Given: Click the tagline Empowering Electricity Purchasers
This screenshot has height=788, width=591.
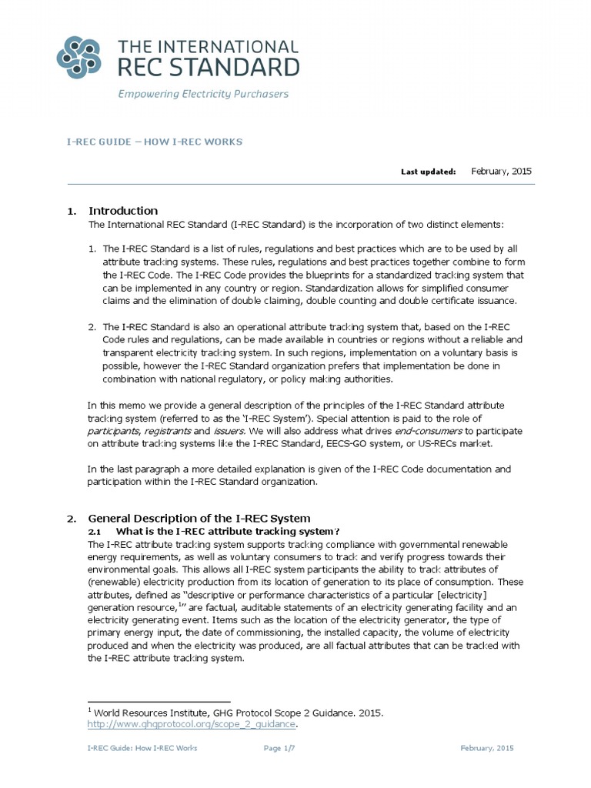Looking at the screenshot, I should click(202, 94).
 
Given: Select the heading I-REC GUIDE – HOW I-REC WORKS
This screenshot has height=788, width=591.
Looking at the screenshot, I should click(153, 142).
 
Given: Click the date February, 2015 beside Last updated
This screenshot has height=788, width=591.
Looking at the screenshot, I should click(501, 171).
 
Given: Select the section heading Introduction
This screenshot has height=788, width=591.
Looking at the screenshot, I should click(123, 210).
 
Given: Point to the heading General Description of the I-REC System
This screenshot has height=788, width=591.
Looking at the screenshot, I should click(199, 519).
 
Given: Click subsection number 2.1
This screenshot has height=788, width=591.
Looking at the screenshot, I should click(95, 532).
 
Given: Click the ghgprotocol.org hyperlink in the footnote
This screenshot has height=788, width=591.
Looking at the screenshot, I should click(192, 724).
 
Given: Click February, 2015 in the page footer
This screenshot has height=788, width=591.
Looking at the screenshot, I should click(487, 748).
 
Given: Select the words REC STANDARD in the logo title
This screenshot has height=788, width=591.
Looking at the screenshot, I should click(207, 66).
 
